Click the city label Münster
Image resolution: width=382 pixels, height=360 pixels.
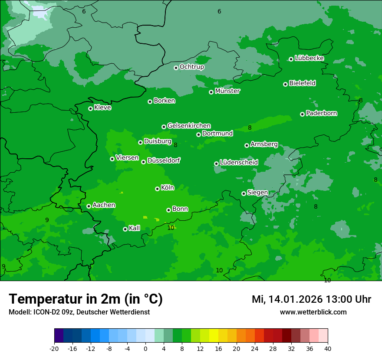(x=227, y=91)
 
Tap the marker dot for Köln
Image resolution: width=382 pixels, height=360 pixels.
(x=157, y=189)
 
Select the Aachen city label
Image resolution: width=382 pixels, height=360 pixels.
(x=104, y=205)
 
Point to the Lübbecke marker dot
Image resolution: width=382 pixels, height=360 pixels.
(x=291, y=59)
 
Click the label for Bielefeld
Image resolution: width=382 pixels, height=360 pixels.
(x=302, y=83)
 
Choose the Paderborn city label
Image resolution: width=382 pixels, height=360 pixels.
(x=321, y=113)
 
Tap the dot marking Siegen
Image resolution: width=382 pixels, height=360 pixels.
(x=244, y=193)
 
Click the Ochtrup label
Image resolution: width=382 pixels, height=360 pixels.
(x=191, y=67)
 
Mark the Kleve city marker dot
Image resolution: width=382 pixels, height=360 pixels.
(x=90, y=108)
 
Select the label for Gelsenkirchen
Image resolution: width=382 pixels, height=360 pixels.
(x=189, y=126)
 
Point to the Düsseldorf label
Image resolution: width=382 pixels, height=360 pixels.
(x=163, y=160)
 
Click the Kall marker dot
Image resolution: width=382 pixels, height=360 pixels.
(x=125, y=229)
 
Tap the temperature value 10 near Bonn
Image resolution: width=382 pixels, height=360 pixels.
(x=171, y=228)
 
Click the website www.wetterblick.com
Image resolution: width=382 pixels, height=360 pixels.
(x=313, y=312)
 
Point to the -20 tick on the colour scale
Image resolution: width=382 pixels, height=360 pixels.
(x=54, y=348)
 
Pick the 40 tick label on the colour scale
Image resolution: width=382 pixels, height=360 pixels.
(x=328, y=348)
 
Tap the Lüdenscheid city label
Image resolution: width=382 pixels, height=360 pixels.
(x=239, y=163)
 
